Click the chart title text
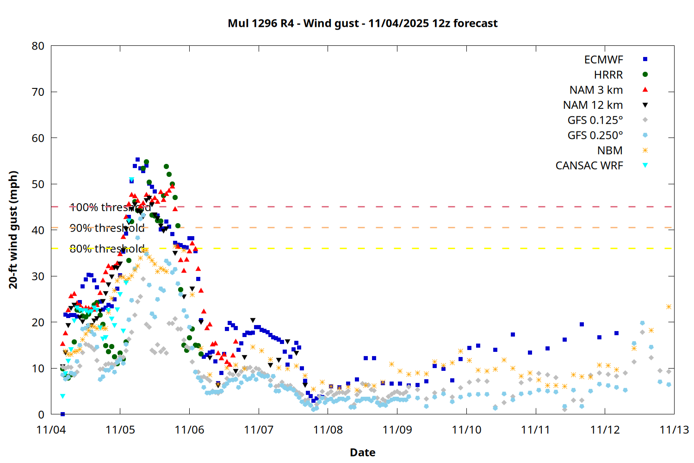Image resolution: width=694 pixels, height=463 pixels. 362,23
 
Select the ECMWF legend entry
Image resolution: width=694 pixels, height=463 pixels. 603,60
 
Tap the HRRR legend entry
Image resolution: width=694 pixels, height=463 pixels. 608,75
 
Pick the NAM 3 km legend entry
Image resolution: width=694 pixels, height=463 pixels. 596,90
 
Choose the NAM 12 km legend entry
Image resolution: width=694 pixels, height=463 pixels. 593,105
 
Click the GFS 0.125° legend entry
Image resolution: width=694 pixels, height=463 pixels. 595,120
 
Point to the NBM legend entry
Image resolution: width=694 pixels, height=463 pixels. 610,150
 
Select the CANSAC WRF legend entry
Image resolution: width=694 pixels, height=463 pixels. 589,166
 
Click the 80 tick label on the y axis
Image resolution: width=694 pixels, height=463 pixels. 38,46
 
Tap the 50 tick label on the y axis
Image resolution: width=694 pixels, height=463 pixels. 38,184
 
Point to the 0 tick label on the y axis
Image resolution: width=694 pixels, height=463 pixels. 42,414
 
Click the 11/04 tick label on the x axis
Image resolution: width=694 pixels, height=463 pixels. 51,430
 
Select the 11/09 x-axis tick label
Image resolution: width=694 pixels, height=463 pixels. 397,430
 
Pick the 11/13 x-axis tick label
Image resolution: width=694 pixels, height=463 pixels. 674,430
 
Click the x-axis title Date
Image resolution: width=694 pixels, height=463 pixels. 362,452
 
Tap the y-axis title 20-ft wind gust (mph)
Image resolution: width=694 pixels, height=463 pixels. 13,230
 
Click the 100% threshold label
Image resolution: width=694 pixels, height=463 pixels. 110,207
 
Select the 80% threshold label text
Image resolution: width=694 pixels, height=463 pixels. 107,249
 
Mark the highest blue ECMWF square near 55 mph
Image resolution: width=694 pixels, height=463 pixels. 137,159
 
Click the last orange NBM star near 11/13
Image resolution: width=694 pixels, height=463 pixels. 669,307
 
